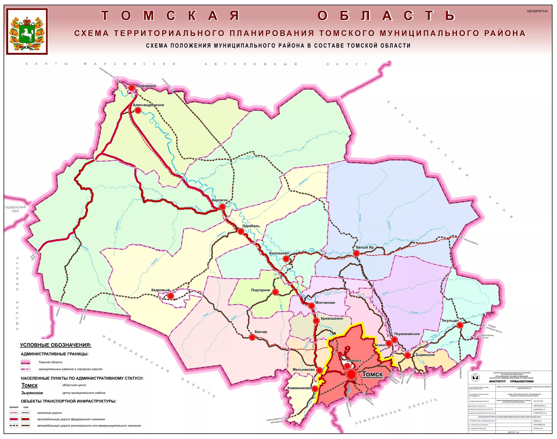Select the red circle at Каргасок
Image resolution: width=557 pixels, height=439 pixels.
point(222,207)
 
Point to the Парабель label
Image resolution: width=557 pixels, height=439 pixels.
point(251,226)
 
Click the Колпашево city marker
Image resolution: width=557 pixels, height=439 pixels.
point(286,259)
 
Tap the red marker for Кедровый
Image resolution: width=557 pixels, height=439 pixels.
point(171,296)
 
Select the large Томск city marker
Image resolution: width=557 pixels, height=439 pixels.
point(351,375)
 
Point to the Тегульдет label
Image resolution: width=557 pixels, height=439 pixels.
point(450,321)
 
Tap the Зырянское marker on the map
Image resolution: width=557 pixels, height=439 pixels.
point(408,355)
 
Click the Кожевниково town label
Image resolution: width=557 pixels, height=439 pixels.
point(299,388)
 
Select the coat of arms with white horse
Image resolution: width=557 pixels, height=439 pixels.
point(27,31)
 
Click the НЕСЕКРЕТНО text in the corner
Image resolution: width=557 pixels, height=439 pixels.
point(537,11)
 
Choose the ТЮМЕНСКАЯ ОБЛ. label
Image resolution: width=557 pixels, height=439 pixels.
point(15,209)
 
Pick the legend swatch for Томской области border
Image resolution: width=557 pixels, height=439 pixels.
point(25,362)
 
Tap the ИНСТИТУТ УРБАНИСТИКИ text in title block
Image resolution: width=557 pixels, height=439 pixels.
point(511,381)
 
